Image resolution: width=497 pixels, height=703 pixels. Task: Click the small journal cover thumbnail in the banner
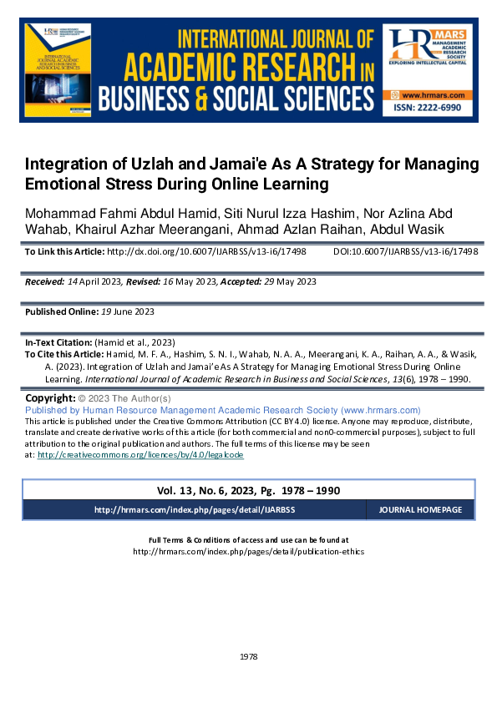point(59,72)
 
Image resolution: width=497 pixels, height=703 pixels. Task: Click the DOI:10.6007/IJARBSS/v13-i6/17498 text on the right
point(405,251)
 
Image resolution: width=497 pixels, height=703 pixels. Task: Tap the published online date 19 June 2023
point(118,311)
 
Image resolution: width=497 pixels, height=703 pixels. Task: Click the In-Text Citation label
point(58,343)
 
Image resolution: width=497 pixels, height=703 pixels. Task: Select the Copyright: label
point(52,398)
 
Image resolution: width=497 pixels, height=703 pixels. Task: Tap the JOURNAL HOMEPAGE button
point(419,510)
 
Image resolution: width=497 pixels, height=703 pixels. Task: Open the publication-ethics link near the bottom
point(248,552)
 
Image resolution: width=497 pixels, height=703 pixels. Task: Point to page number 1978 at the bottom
point(248,657)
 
